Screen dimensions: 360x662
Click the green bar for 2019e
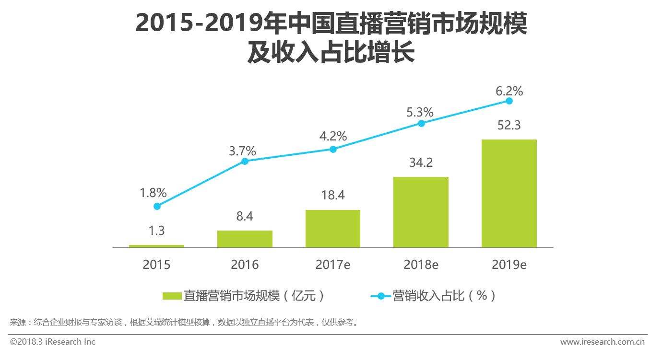coord(509,193)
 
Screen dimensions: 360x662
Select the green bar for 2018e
coord(421,212)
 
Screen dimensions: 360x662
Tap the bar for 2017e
coord(332,229)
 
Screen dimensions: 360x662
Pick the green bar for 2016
coord(245,239)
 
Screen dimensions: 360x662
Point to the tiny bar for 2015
coord(156,246)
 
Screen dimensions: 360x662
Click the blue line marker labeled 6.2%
coord(509,101)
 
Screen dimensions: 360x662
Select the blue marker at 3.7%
coord(245,161)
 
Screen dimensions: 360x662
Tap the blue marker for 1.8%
coord(157,206)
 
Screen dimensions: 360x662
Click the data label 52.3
coord(509,126)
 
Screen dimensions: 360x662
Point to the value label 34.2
coord(421,163)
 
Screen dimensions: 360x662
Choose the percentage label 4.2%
coord(333,136)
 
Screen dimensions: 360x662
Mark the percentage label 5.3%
coord(421,113)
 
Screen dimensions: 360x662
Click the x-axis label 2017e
coord(332,265)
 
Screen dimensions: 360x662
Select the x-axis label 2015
coord(156,265)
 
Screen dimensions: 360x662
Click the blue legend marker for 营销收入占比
coord(380,296)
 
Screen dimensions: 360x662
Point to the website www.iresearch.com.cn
coord(602,342)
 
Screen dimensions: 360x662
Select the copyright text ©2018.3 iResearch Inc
coord(53,342)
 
